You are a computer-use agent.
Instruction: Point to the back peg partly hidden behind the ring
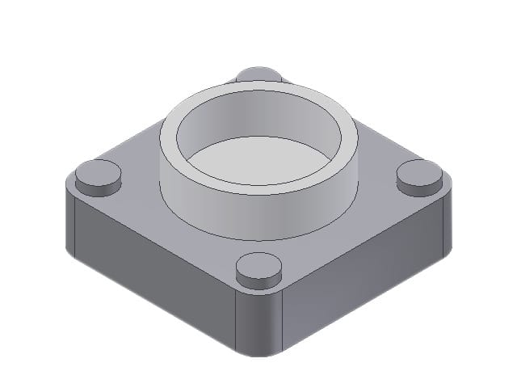point(258,74)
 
